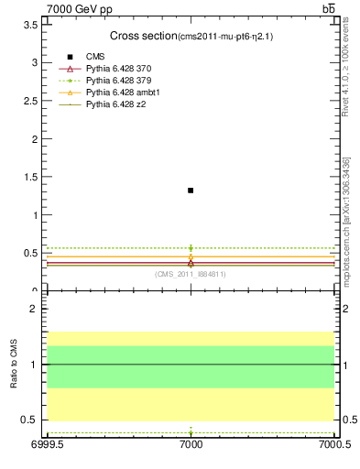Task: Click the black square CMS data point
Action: [x=191, y=191]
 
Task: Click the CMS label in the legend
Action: [x=95, y=57]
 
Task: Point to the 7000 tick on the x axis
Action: [x=191, y=444]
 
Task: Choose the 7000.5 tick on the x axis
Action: [x=333, y=444]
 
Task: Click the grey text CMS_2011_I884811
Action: [x=191, y=274]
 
